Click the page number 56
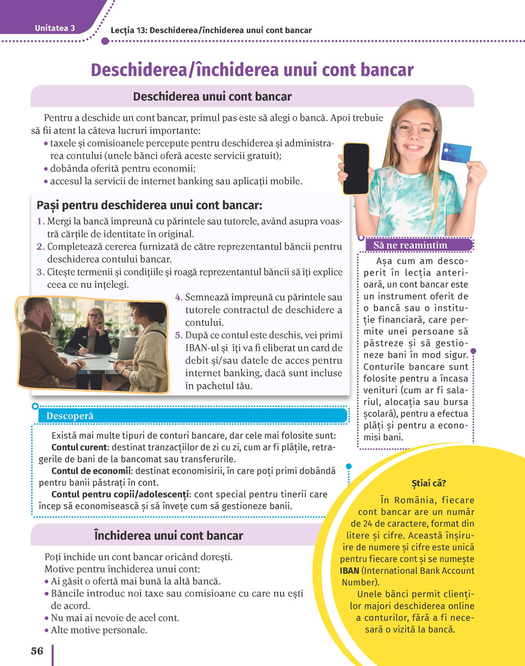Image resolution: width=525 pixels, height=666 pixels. point(37,651)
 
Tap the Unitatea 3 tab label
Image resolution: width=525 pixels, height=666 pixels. point(55,28)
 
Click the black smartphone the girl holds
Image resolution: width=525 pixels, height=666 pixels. point(356,169)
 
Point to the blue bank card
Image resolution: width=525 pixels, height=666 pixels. point(456,152)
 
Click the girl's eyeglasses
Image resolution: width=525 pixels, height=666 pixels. point(415,129)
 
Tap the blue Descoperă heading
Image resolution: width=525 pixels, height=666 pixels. point(70,416)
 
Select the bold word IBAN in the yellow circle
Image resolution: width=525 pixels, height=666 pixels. point(350,570)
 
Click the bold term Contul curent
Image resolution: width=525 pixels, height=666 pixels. point(79,448)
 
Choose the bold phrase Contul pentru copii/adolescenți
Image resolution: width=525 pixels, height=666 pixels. point(120,494)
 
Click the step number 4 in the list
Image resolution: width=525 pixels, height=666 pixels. point(178,297)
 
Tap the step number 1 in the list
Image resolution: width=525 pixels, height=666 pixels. point(40,222)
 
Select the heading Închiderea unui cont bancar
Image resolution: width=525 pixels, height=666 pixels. point(169,536)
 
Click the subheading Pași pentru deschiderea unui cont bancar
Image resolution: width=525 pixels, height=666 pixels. point(149,205)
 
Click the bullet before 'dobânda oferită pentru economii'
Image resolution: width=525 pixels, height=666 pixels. point(46,169)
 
